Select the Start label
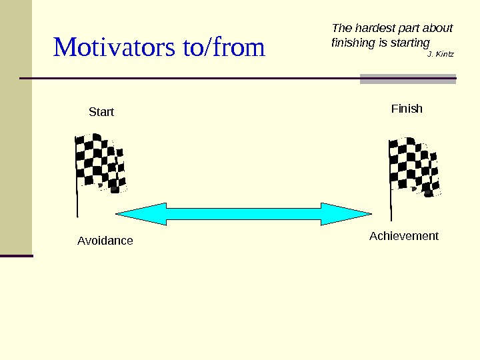click(x=101, y=112)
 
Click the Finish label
click(x=407, y=109)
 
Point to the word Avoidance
click(x=105, y=241)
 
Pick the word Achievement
click(x=404, y=236)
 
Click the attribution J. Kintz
click(x=440, y=53)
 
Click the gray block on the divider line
click(x=408, y=79)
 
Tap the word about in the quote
click(x=438, y=28)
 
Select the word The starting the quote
click(x=341, y=28)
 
